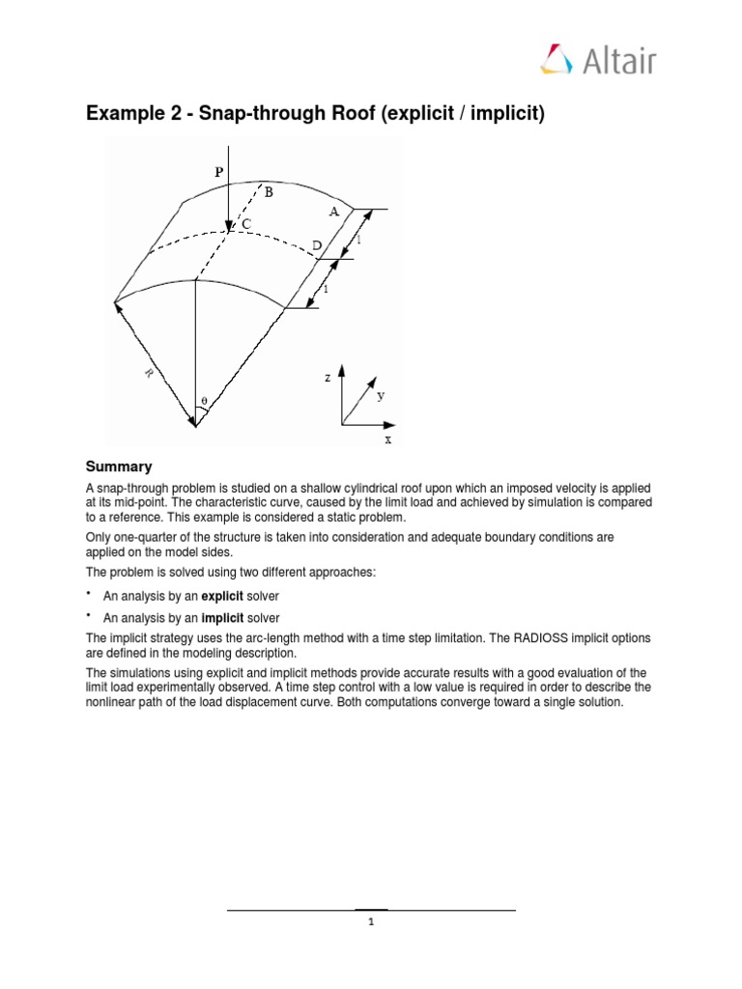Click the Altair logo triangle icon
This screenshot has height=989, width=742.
557,59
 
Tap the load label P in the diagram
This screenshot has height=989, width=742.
218,171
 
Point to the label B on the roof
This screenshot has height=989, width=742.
269,192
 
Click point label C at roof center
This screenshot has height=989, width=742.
245,224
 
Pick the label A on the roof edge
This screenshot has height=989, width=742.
333,212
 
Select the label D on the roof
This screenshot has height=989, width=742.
316,247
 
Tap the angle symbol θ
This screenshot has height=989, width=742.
203,400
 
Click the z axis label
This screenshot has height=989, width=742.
328,378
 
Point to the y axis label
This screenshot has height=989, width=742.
381,395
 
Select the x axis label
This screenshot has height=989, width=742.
388,439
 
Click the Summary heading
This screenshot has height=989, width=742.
119,466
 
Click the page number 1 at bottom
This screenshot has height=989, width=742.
370,922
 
